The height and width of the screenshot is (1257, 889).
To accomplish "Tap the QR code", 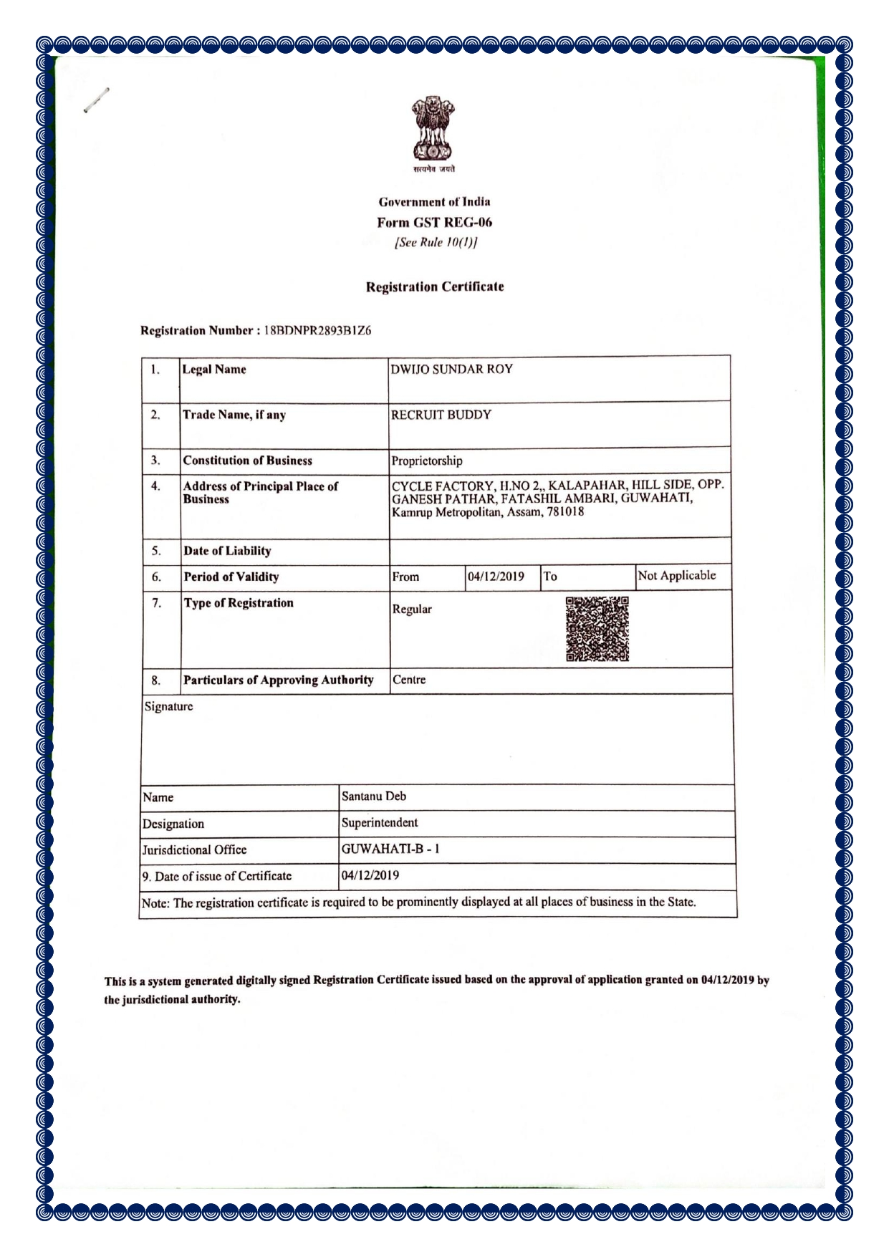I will pyautogui.click(x=597, y=628).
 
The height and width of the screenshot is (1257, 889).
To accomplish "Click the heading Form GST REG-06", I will pyautogui.click(x=434, y=222).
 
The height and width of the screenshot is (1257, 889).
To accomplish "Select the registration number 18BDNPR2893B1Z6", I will pyautogui.click(x=317, y=330).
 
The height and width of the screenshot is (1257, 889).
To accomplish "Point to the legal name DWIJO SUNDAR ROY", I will pyautogui.click(x=451, y=370).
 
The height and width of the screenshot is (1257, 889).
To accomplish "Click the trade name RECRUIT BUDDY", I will pyautogui.click(x=441, y=415).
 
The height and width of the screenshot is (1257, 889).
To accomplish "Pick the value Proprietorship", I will pyautogui.click(x=427, y=461).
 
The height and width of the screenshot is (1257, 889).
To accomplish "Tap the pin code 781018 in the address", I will pyautogui.click(x=565, y=512).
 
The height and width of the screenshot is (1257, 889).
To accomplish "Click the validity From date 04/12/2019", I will pyautogui.click(x=496, y=577).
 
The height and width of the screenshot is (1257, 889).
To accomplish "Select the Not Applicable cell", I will pyautogui.click(x=676, y=575).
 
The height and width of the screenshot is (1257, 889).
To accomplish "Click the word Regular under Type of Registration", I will pyautogui.click(x=412, y=609).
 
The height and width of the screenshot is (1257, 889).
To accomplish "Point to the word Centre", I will pyautogui.click(x=409, y=680).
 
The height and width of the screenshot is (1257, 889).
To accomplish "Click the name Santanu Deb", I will pyautogui.click(x=374, y=796).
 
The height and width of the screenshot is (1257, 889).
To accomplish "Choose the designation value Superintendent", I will pyautogui.click(x=380, y=822).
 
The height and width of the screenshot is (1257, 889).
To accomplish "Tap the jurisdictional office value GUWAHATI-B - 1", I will pyautogui.click(x=390, y=849).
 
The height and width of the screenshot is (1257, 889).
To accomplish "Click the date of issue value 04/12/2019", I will pyautogui.click(x=370, y=875).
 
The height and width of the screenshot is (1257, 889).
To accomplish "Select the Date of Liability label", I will pyautogui.click(x=227, y=551).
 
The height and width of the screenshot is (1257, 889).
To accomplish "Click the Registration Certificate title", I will pyautogui.click(x=435, y=286).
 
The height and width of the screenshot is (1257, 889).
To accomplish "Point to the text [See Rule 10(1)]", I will pyautogui.click(x=436, y=241).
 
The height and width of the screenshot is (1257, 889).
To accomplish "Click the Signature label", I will pyautogui.click(x=169, y=706).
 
